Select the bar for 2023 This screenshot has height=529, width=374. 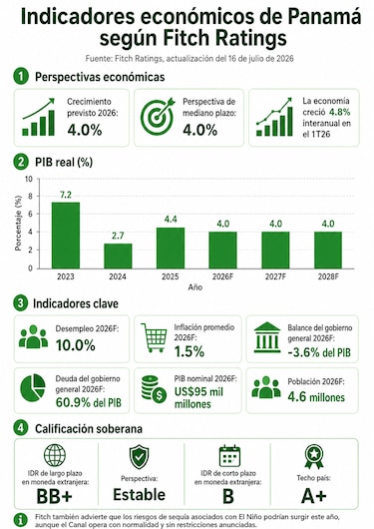(66, 236)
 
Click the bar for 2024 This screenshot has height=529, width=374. (118, 257)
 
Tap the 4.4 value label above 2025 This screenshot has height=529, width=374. (171, 220)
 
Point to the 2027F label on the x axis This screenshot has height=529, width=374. (275, 277)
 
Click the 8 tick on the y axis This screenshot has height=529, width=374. (29, 196)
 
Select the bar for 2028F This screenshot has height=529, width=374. (328, 250)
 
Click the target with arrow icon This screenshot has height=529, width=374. (158, 117)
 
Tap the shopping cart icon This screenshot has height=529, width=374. (155, 337)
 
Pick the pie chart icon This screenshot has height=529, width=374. (33, 388)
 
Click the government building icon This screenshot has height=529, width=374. (267, 337)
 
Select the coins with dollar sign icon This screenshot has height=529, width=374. (154, 389)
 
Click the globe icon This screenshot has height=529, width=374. (55, 455)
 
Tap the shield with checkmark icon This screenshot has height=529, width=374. (139, 457)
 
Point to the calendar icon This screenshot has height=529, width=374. (229, 456)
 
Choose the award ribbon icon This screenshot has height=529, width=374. (313, 456)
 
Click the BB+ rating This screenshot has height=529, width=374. (54, 496)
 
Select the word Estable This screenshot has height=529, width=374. (140, 495)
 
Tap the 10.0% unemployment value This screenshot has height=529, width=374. (76, 345)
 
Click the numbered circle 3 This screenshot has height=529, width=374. (20, 303)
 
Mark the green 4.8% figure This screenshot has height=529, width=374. (340, 112)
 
